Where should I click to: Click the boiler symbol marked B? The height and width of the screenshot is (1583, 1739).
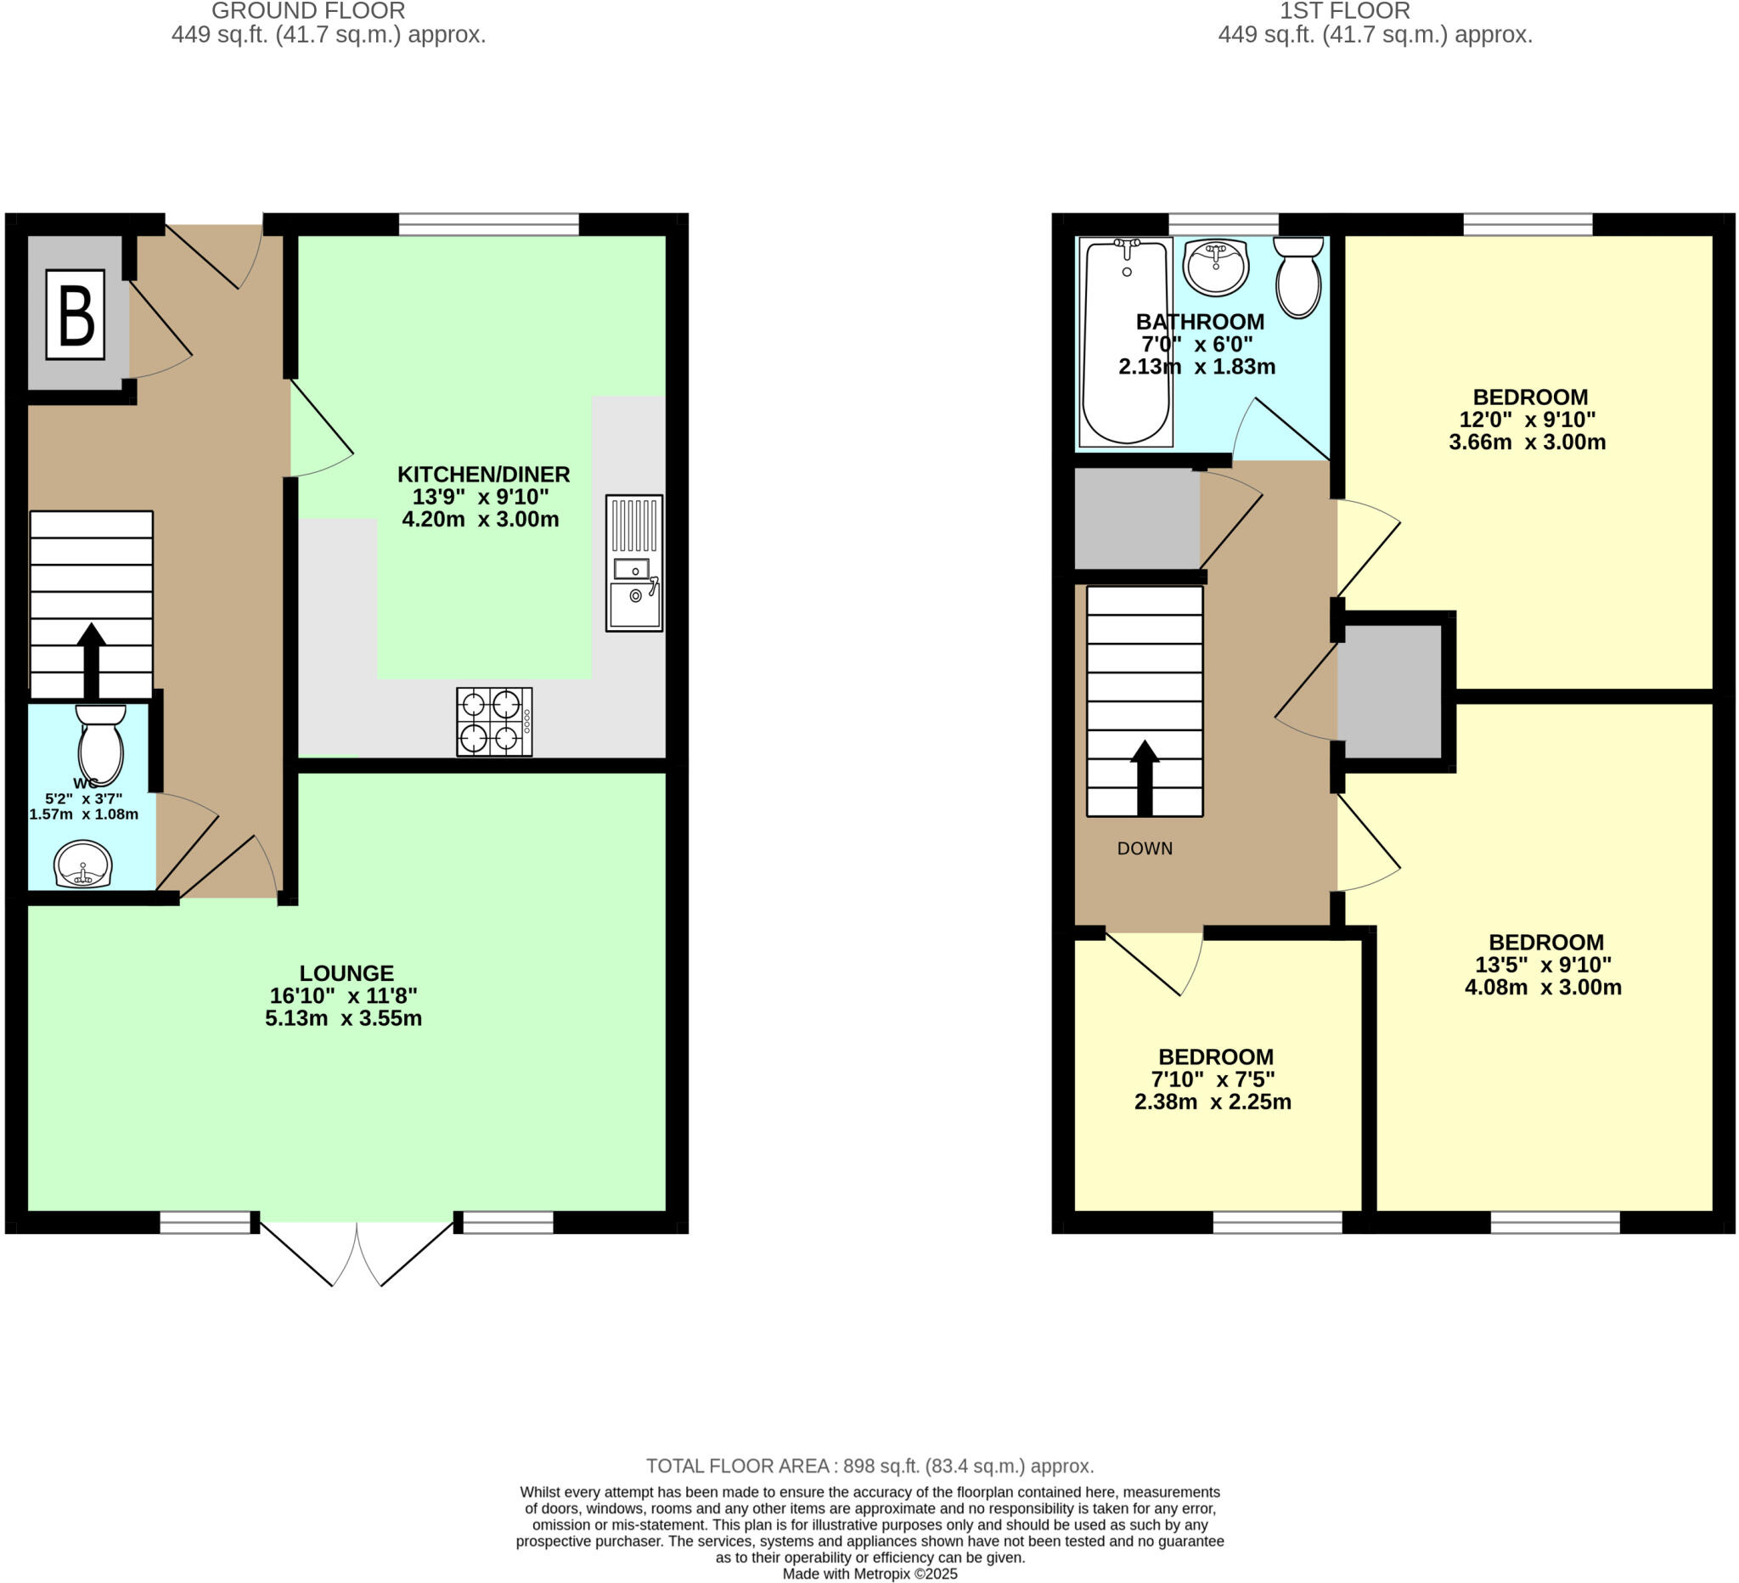pos(75,315)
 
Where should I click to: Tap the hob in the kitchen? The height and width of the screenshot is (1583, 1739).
pos(494,722)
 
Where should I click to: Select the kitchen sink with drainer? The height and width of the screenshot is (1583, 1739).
pos(634,562)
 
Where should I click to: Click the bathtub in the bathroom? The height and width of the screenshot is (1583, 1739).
pos(1126,342)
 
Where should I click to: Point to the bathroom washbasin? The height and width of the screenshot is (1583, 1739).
pos(1215,267)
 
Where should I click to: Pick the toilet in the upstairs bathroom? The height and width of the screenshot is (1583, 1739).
pos(1298,277)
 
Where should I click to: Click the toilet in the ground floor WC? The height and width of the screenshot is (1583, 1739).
pos(101,744)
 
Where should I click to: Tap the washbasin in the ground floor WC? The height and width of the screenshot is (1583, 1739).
pos(83,864)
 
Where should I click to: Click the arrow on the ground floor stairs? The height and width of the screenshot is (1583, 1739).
pos(92,661)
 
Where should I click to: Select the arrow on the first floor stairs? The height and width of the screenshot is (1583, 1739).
pos(1145,777)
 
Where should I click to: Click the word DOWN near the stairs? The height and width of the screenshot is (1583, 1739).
pos(1145,849)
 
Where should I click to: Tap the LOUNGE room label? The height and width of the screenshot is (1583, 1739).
pos(346,973)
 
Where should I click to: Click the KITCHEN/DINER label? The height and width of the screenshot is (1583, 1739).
pos(483,475)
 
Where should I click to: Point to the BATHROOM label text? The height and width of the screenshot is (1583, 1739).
pos(1199,322)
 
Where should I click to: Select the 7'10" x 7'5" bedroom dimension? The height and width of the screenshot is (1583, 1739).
pos(1212,1079)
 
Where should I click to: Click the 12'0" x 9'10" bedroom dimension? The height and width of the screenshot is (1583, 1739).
pos(1527,420)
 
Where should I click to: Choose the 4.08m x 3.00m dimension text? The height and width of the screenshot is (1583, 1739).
pos(1542,988)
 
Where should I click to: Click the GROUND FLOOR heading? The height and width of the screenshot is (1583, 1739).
pos(308,11)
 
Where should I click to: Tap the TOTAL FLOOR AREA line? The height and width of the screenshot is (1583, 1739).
pos(869,1466)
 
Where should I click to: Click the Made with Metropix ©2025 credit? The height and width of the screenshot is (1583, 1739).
pos(869,1574)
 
